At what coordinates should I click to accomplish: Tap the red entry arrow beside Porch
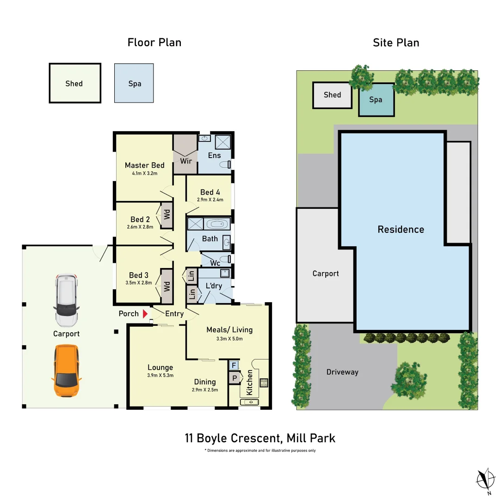[145, 314]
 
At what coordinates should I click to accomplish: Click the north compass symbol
[484, 479]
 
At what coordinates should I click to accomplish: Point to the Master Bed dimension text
[145, 174]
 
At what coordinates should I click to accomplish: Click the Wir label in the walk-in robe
[185, 161]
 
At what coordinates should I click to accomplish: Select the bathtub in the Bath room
[217, 225]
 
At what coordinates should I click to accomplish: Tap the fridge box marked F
[234, 365]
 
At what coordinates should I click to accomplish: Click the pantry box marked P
[235, 377]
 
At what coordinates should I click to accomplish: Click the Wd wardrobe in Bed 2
[167, 215]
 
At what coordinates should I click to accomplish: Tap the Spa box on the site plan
[376, 100]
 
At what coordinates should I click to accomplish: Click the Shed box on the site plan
[332, 95]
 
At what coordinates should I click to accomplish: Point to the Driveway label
[342, 372]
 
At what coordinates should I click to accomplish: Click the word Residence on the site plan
[401, 230]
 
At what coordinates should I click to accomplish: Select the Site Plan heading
[396, 43]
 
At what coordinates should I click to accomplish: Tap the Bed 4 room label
[210, 192]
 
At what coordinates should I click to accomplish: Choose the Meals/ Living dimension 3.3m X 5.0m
[230, 339]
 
